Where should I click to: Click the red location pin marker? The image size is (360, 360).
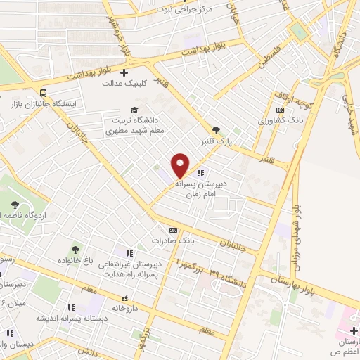pyautogui.click(x=181, y=165)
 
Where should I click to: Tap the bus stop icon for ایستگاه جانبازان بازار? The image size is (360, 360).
pyautogui.click(x=44, y=92)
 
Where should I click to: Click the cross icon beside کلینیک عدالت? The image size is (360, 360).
pyautogui.click(x=124, y=72)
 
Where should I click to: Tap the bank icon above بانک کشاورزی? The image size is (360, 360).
pyautogui.click(x=281, y=110)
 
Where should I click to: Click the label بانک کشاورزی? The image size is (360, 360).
pyautogui.click(x=278, y=121)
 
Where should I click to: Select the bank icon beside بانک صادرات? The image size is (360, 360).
pyautogui.click(x=173, y=229)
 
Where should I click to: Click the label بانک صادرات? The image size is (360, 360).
pyautogui.click(x=172, y=240)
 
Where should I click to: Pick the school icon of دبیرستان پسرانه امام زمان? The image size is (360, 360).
pyautogui.click(x=201, y=173)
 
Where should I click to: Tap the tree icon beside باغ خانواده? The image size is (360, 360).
pyautogui.click(x=75, y=250)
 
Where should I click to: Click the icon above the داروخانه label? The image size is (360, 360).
pyautogui.click(x=125, y=297)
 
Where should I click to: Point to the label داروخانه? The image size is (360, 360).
pyautogui.click(x=126, y=308)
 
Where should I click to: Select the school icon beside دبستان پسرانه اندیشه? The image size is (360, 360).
pyautogui.click(x=70, y=307)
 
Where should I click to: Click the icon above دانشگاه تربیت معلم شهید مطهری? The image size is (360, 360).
pyautogui.click(x=135, y=109)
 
